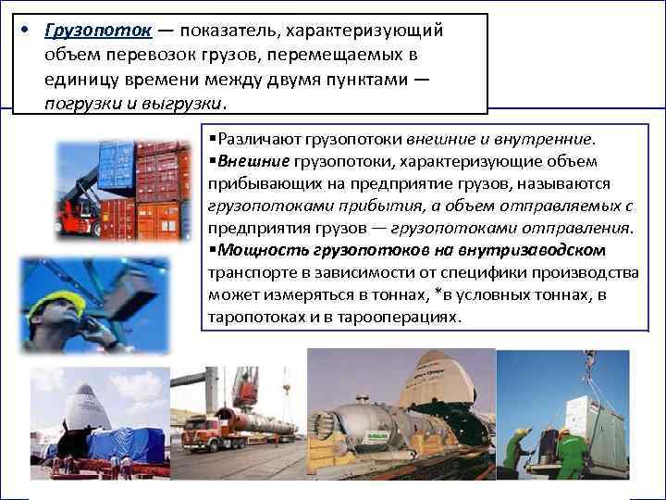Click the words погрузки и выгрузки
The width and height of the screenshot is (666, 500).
point(133,103)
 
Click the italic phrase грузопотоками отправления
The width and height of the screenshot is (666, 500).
point(512,227)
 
